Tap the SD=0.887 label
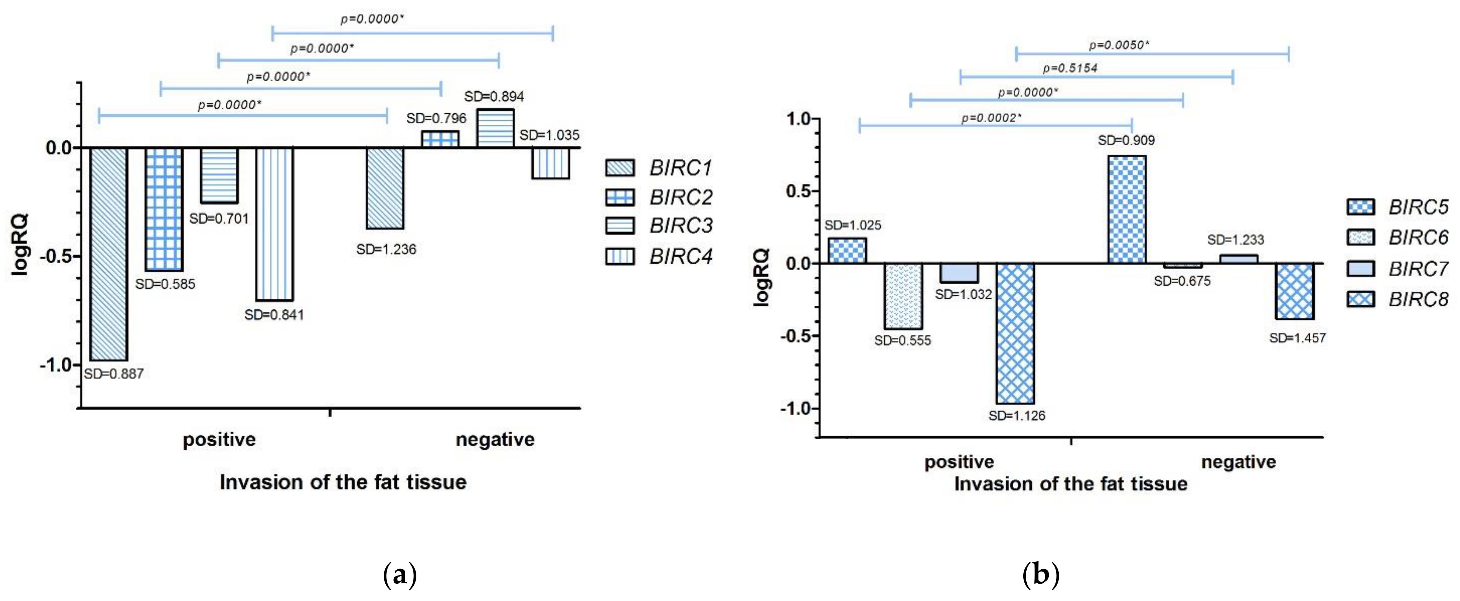pos(113,374)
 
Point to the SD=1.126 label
pos(1017,416)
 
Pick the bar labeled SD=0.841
pos(274,224)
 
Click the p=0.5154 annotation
pos(1070,69)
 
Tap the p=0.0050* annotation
pos(1119,45)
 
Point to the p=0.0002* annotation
pos(991,118)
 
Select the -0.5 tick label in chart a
pos(57,256)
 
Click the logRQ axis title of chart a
pos(20,245)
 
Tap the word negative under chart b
pos(1238,462)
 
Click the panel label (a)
pos(400,574)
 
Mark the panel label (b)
pos(1041,574)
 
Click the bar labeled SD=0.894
pos(495,128)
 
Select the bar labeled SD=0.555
pos(903,296)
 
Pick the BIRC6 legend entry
pos(1397,237)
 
